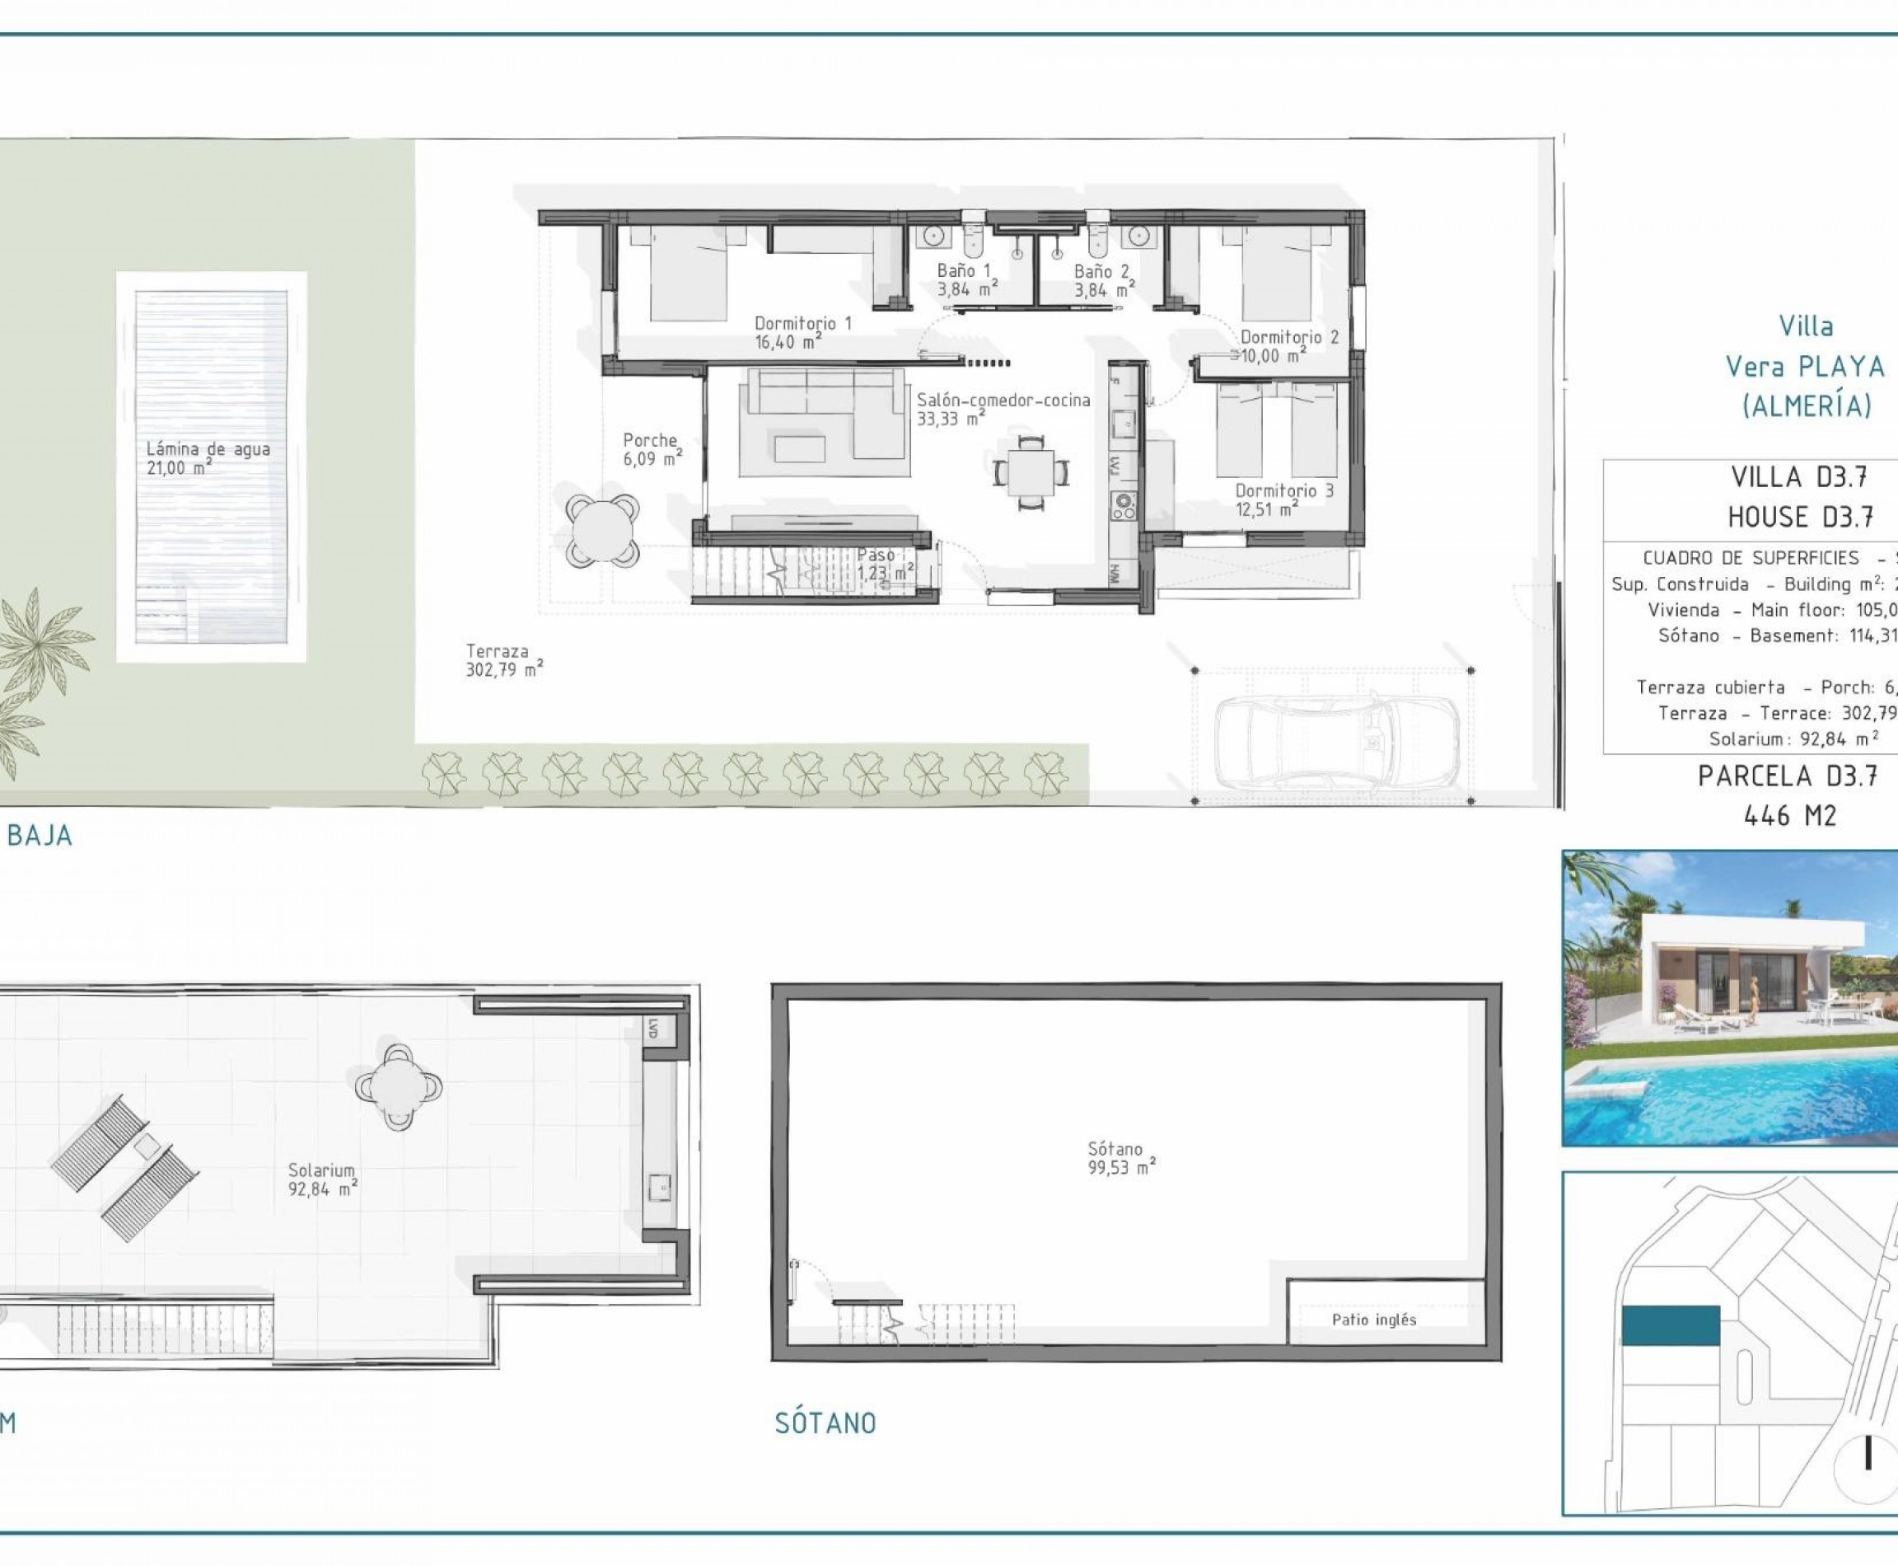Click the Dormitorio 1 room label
coord(802,332)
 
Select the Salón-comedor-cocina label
coord(1003,408)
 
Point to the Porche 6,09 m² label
coord(651,449)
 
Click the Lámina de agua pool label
coord(208,457)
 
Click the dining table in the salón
coord(1031,471)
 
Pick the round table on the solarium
coord(398,1086)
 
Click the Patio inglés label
coord(1373,1320)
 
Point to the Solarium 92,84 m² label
coord(322,1179)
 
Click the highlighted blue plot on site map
coord(1670,1325)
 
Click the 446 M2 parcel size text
coord(1790,816)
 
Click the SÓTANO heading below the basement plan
coord(825,1423)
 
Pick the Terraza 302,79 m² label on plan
coord(503,660)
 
